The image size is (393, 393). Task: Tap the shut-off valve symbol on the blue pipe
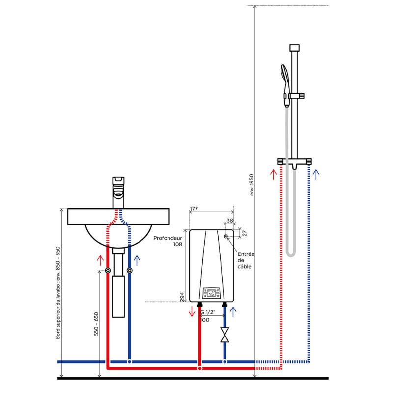pos(225,335)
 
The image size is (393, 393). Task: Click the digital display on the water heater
pos(211,293)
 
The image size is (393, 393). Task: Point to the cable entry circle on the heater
pos(226,236)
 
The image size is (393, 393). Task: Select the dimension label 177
pos(194,208)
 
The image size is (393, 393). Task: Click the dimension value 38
pos(230,221)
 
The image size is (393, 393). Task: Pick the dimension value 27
pos(245,233)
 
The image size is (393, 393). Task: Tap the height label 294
pos(182,297)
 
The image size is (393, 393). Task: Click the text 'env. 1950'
pos(252,185)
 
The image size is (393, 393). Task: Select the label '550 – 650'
pos(96,324)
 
